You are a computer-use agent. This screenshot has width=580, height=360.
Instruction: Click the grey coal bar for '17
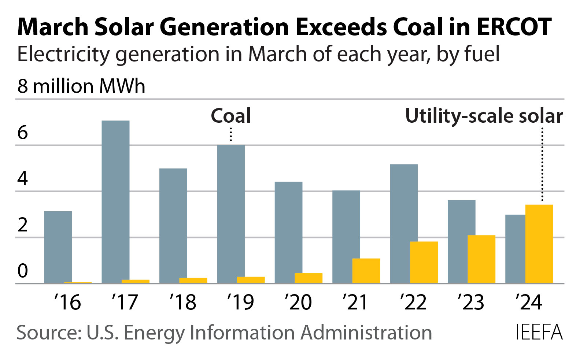[115, 201]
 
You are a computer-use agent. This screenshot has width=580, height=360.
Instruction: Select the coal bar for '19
[231, 214]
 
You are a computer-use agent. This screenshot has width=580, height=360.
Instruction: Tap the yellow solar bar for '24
[539, 244]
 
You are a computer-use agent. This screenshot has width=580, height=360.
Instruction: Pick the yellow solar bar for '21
[366, 271]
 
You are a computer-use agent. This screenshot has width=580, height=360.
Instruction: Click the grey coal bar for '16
[58, 247]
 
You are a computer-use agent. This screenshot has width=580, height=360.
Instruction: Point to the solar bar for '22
[424, 262]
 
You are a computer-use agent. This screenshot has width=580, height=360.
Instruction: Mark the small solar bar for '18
[193, 281]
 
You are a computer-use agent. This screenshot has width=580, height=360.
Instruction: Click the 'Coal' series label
[231, 116]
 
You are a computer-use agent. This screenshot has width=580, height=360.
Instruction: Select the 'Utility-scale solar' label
[484, 116]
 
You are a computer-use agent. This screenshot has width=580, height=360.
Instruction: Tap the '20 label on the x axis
[298, 303]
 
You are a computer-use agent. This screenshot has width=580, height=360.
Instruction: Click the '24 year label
[528, 303]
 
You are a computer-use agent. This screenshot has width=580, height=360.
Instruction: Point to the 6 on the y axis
[23, 133]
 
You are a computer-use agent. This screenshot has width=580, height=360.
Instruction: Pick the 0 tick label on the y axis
[23, 271]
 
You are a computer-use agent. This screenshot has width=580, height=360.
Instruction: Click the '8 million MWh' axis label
[81, 86]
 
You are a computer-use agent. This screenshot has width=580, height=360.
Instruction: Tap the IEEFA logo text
[539, 333]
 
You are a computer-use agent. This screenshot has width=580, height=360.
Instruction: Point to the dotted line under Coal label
[231, 134]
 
